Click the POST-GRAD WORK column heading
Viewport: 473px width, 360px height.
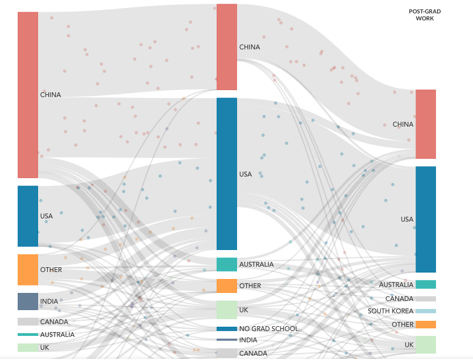tap(425, 14)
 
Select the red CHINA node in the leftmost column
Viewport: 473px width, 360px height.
tap(28, 94)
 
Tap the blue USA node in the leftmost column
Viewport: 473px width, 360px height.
tap(28, 216)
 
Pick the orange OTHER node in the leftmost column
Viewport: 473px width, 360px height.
tap(28, 269)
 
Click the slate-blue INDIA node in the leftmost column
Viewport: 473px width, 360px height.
tap(28, 301)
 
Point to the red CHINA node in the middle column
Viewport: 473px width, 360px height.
tap(226, 47)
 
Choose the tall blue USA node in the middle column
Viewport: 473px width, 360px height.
tap(226, 173)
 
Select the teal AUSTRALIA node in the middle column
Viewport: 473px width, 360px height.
tap(226, 265)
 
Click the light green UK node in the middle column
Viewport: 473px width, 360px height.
tap(226, 310)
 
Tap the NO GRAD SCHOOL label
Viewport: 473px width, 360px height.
tap(269, 328)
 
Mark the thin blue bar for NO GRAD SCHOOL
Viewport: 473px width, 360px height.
tap(226, 329)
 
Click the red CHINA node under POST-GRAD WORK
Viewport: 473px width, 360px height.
tap(425, 124)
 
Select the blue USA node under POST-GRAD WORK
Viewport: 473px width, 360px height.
tap(425, 219)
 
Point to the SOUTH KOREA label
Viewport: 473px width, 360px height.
tap(390, 311)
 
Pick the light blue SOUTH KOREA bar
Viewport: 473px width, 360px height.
tap(425, 311)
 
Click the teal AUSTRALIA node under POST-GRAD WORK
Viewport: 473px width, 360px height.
tap(425, 284)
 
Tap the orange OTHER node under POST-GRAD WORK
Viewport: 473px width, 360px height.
tap(425, 325)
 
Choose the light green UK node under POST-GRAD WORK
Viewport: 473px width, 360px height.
tap(425, 344)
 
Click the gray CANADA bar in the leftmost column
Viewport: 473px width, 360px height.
tap(28, 322)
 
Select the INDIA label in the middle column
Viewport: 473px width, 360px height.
tap(248, 340)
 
